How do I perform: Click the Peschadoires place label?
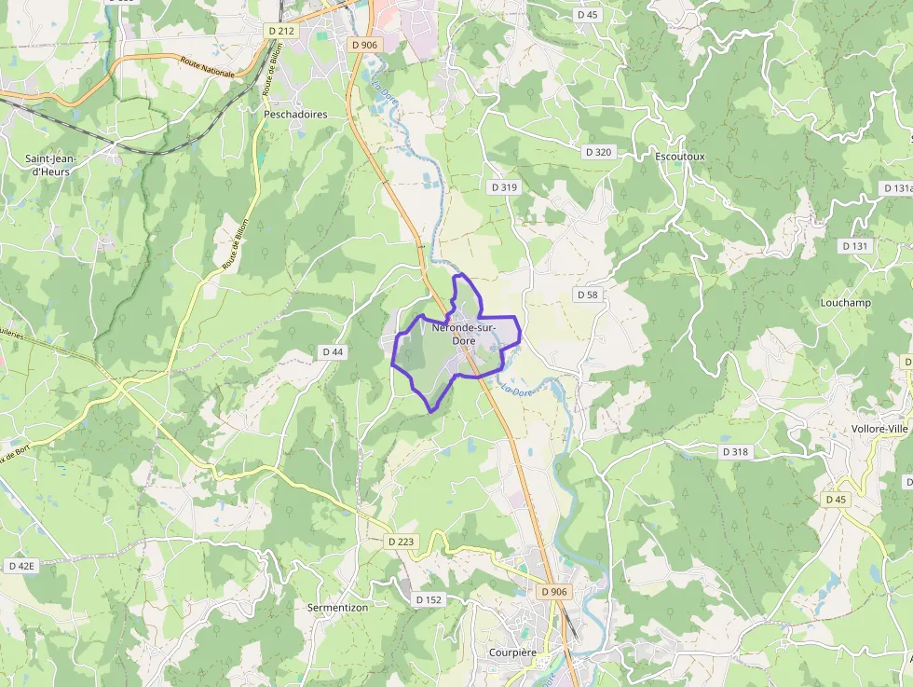(295, 115)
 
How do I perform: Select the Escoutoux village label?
(679, 157)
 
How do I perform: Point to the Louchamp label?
(845, 303)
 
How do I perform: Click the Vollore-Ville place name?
(879, 429)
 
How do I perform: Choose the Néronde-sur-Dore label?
(463, 335)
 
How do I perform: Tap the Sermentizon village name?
(337, 607)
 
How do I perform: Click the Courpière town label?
(512, 653)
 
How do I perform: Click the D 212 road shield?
(280, 31)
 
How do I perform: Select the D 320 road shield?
(598, 152)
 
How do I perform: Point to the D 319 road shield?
(503, 187)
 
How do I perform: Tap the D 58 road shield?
(587, 295)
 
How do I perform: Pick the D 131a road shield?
(897, 188)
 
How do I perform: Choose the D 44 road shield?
(333, 351)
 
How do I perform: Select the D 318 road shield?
(735, 451)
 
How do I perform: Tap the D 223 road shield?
(401, 542)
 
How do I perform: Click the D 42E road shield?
(20, 566)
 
